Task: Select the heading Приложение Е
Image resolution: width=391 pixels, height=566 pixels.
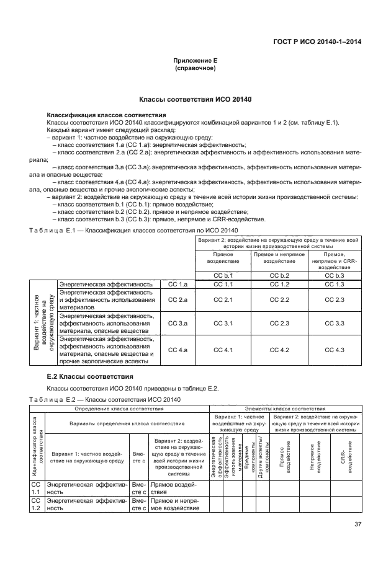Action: (x=195, y=61)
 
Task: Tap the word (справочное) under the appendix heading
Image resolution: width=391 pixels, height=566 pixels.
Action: (x=195, y=68)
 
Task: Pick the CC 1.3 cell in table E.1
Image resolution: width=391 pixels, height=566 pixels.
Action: (x=335, y=284)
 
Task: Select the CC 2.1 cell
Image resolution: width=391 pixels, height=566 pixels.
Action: (x=223, y=300)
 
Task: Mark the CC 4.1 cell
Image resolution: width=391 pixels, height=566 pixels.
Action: (x=223, y=350)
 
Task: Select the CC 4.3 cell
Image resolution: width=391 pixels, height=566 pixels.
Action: (x=335, y=350)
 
